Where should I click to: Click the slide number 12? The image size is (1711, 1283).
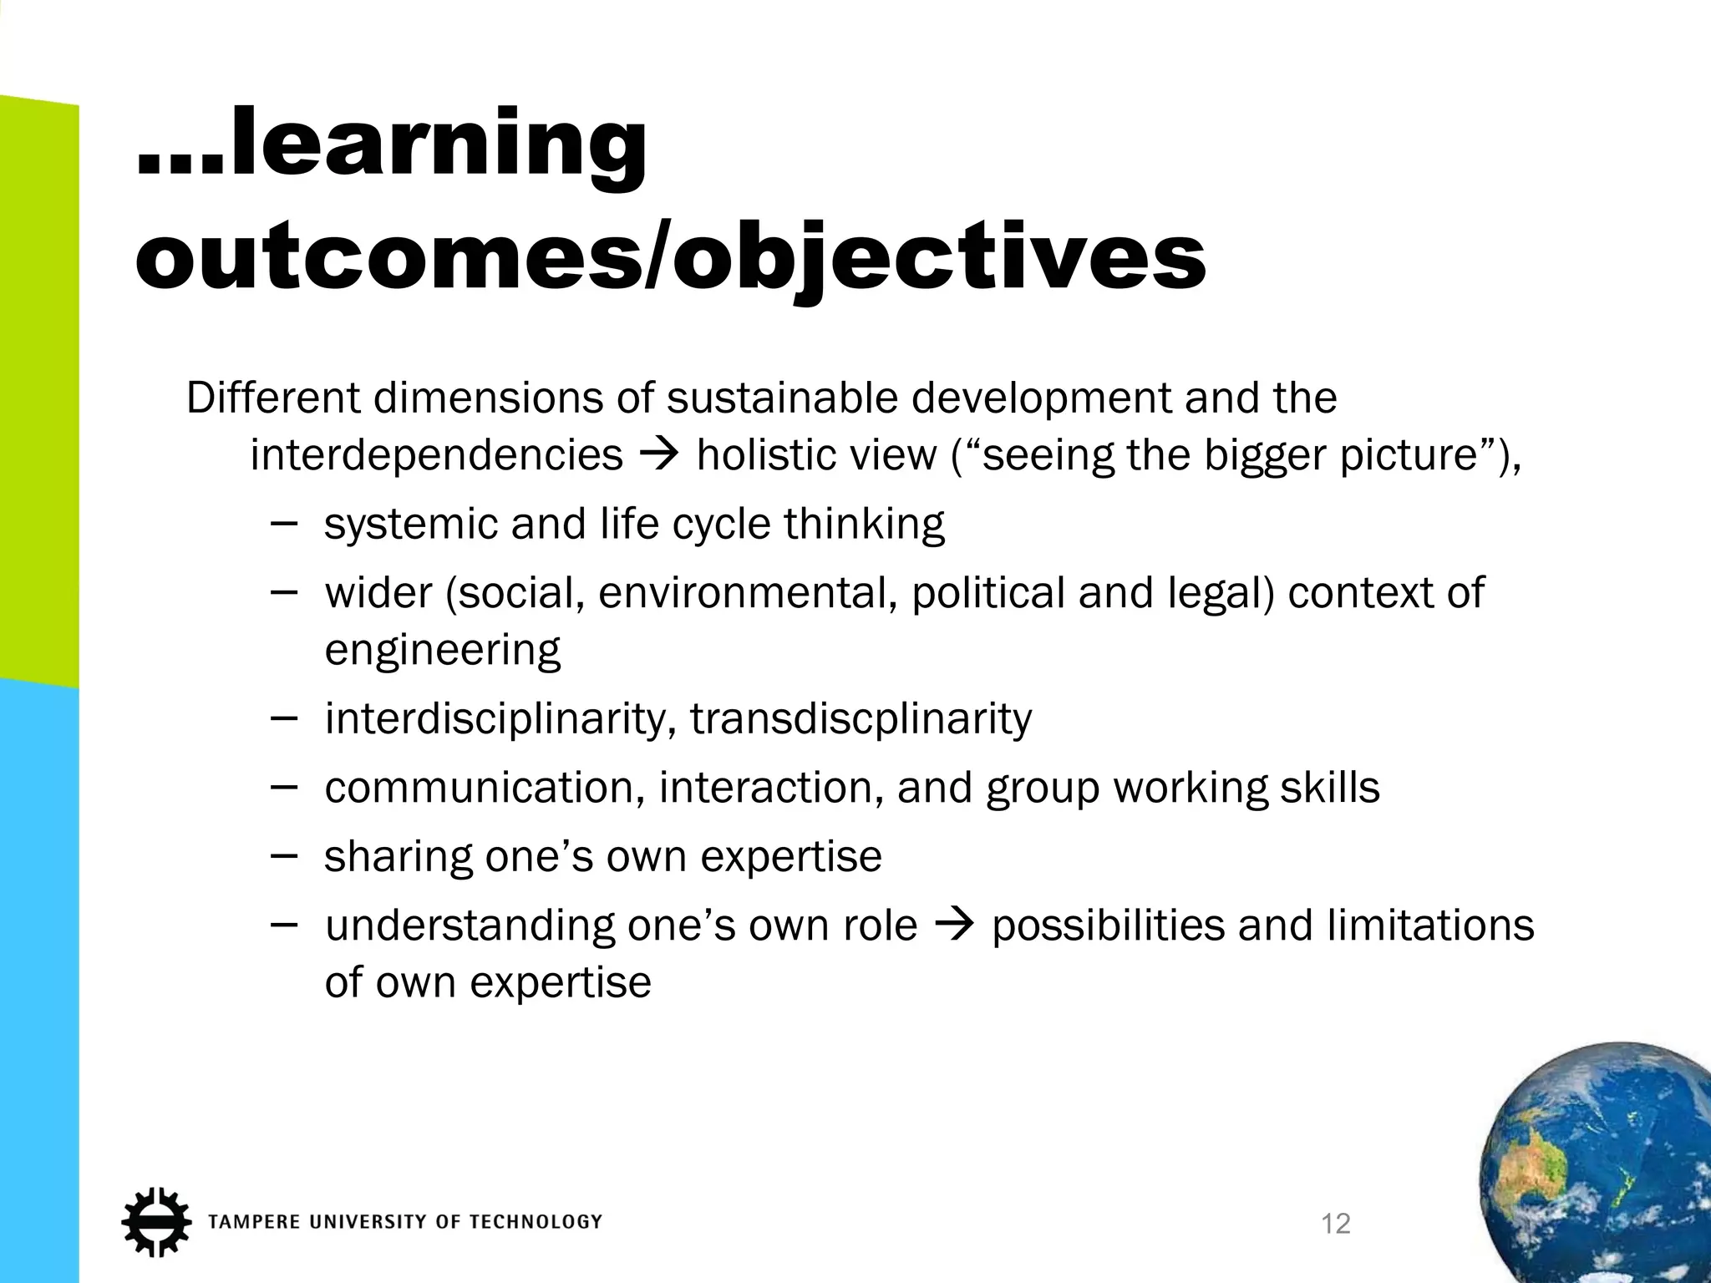coord(1336,1224)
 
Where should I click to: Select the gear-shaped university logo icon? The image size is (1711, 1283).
coord(155,1220)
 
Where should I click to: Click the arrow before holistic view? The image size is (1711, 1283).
coord(660,455)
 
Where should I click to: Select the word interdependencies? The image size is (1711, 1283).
coord(436,455)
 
